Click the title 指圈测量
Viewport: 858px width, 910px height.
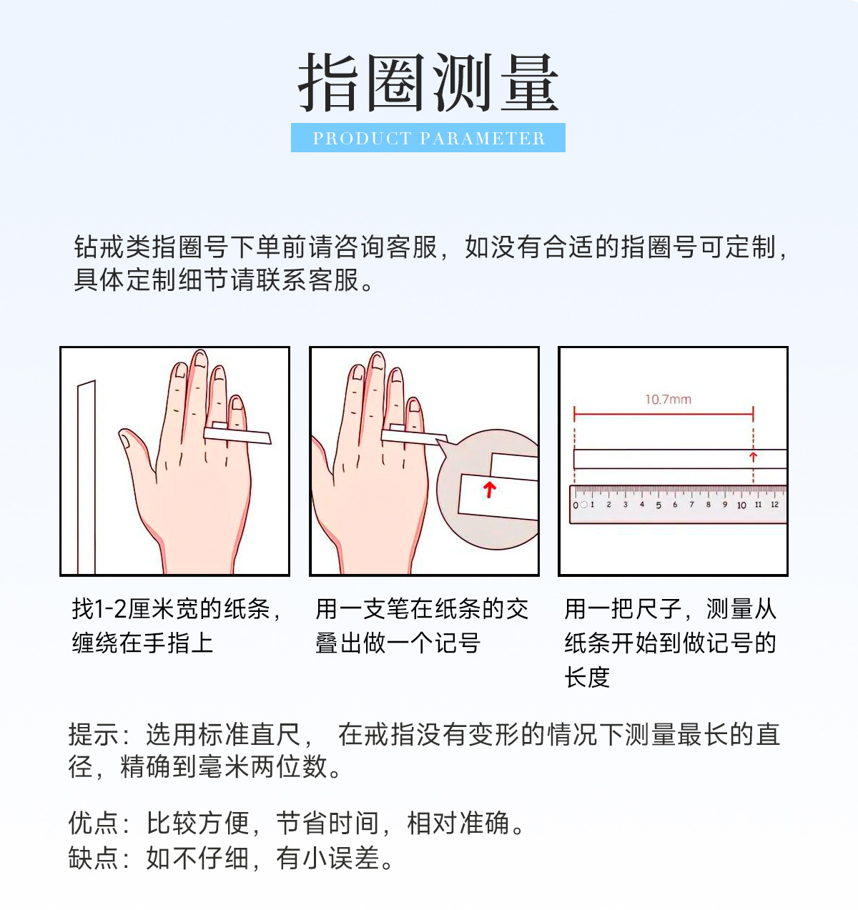[x=428, y=82]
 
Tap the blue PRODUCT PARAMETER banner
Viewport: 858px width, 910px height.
[x=428, y=137]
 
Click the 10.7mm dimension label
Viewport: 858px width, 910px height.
[x=668, y=400]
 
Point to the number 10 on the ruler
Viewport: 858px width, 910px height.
[x=741, y=505]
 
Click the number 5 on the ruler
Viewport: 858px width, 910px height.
[x=659, y=505]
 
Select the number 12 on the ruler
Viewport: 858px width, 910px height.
[x=774, y=505]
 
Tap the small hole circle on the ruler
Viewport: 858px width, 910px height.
[x=583, y=505]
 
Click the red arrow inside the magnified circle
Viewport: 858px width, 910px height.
[x=490, y=490]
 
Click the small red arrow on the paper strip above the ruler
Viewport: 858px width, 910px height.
[x=753, y=456]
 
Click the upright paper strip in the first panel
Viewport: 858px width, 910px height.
[x=87, y=477]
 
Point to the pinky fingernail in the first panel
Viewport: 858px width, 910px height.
[x=237, y=402]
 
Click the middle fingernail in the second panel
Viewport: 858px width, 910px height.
[x=378, y=361]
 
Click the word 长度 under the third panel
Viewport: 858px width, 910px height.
[x=587, y=677]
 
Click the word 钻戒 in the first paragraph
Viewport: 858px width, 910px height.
[x=99, y=247]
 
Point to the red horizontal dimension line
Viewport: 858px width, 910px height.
[x=664, y=414]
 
